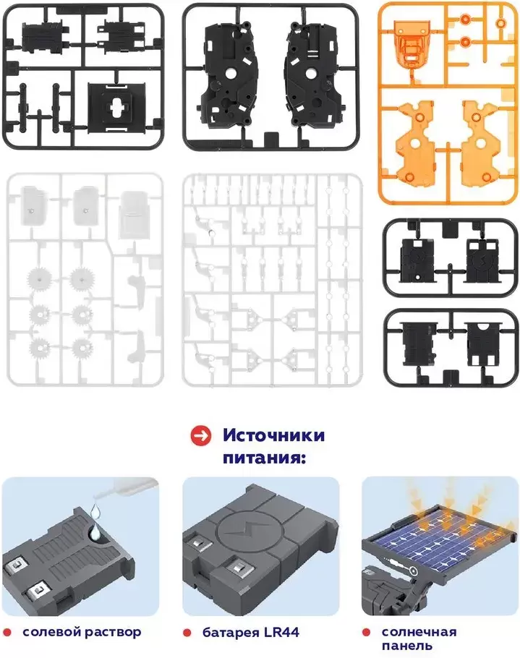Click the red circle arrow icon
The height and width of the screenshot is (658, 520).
click(x=200, y=436)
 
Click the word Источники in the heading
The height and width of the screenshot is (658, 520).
click(x=273, y=436)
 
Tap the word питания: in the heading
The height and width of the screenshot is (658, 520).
click(x=260, y=458)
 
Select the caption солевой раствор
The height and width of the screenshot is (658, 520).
click(x=82, y=632)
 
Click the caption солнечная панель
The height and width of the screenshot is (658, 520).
click(x=419, y=638)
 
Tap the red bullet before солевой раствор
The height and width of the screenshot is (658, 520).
click(x=8, y=632)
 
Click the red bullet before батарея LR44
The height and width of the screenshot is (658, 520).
click(x=187, y=632)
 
